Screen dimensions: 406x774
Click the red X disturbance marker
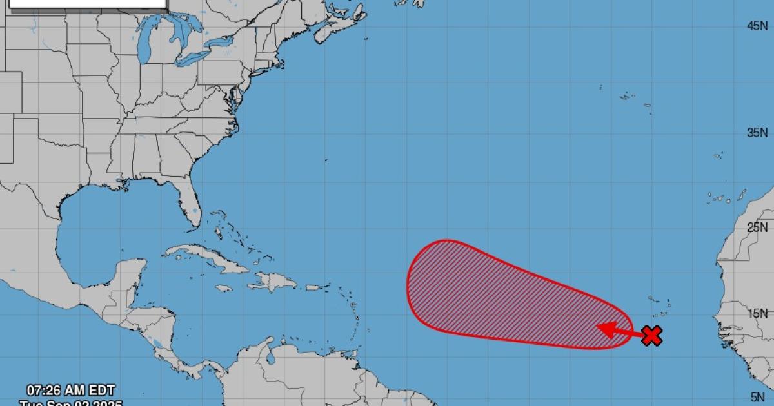pyautogui.click(x=653, y=335)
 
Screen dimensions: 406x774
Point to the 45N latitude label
pyautogui.click(x=757, y=26)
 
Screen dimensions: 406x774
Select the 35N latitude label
pyautogui.click(x=757, y=133)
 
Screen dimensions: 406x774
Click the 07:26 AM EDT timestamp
pyautogui.click(x=71, y=390)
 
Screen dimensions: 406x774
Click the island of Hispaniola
pyautogui.click(x=274, y=281)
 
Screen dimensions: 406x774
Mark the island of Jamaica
pyautogui.click(x=223, y=288)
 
